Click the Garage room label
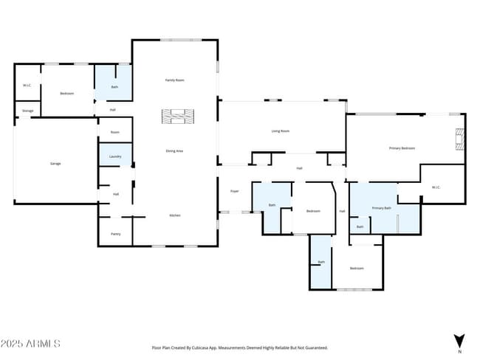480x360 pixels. tap(55, 163)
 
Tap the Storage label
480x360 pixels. tap(27, 111)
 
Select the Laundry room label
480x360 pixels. tap(115, 156)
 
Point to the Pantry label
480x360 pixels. tap(115, 234)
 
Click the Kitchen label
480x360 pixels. tap(175, 215)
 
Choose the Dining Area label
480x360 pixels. tap(174, 150)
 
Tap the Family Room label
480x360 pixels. tap(174, 80)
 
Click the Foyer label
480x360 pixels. tap(234, 191)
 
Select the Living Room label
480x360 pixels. tap(280, 131)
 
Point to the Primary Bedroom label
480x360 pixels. tap(402, 148)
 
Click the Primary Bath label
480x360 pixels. tap(381, 209)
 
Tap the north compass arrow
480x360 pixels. tap(459, 341)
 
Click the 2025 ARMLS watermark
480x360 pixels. tap(30, 344)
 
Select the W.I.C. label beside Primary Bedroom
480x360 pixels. tap(436, 187)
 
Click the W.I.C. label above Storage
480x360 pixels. tap(27, 86)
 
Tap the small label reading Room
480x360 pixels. tap(115, 132)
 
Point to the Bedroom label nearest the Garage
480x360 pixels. tap(67, 94)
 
